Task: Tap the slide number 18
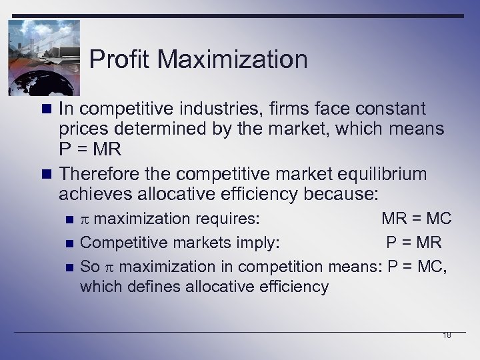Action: point(447,335)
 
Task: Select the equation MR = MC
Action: point(416,218)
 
